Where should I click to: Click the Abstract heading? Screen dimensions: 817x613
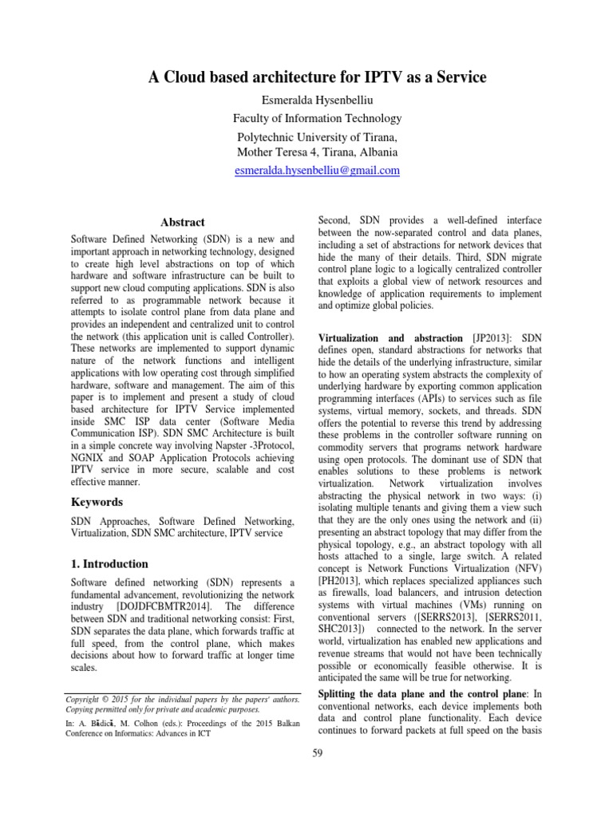[x=182, y=222]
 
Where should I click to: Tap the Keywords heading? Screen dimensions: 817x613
[x=97, y=502]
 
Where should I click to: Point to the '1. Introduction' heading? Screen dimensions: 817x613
[x=109, y=563]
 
